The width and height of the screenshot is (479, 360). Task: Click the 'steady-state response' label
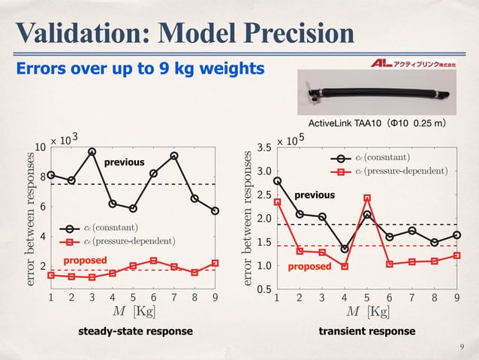135,331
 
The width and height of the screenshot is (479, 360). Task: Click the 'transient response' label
366,331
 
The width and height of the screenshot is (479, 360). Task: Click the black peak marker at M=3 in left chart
92,152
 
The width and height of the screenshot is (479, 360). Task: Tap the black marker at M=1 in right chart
277,180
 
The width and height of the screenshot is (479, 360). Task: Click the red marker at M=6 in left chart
153,261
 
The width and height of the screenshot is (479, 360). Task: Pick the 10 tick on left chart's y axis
43,147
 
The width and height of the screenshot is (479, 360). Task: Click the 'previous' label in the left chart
123,162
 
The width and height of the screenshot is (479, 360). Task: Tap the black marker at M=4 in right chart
344,249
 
